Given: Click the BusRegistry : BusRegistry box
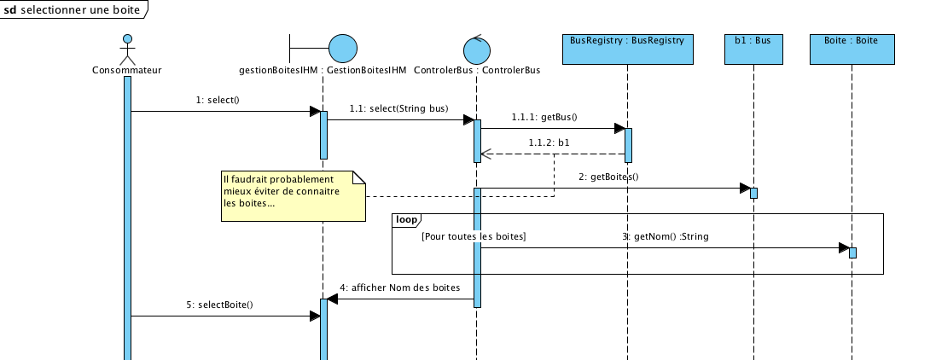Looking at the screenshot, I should pos(627,49).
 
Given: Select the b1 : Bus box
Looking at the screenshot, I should pos(753,49).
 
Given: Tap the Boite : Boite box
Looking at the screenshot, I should pos(851,49).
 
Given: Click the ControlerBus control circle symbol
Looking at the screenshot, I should pos(476,48).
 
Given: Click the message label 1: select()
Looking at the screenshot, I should pos(218,100).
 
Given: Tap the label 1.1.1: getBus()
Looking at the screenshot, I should pos(544,117).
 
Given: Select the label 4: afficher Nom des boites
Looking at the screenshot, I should pos(400,287).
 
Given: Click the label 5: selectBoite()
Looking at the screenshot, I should pos(219,305).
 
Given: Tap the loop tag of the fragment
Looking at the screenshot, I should pos(406,220).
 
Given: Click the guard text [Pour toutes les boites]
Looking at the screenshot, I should pos(474,236).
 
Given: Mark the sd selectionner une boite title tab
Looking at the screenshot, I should pos(73,9).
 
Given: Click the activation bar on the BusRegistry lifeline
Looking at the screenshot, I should pos(628,145).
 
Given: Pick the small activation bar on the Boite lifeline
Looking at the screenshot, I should pos(852,253).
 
